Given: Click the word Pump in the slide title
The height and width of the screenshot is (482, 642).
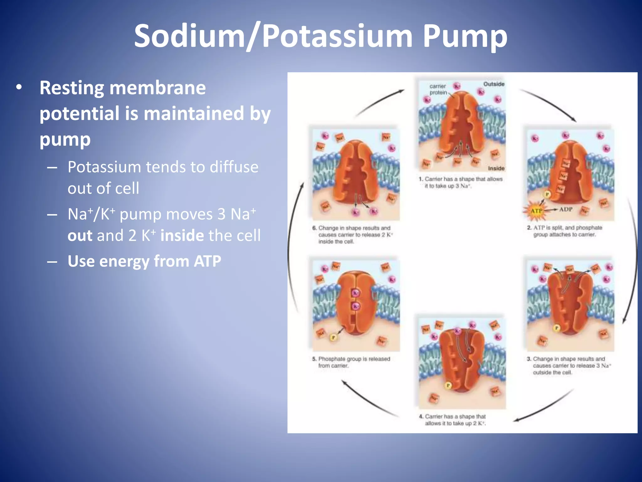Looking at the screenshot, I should pos(465,37).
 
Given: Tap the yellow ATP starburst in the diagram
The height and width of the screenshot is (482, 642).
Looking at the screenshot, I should pos(536,211).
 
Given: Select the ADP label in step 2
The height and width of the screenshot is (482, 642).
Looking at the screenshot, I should pos(566,209).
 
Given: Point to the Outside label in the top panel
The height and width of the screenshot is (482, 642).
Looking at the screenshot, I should pos(494,84).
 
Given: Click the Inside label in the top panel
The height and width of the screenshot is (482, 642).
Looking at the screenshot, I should pos(496,169).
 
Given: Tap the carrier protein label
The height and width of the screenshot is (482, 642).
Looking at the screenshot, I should pos(438,89).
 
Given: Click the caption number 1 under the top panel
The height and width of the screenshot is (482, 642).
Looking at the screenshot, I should pos(421,179).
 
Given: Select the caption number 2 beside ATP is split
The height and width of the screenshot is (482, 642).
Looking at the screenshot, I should pos(529,228).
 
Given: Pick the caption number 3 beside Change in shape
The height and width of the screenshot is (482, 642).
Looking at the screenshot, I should pos(529,359).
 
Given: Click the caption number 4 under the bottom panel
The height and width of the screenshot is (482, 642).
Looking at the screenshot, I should pos(421,417).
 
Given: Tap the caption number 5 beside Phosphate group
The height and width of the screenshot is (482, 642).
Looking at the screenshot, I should pos(314,359).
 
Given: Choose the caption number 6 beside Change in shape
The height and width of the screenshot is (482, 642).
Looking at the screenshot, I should pos(314,228).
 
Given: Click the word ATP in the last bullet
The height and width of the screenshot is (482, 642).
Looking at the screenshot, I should pos(207,261).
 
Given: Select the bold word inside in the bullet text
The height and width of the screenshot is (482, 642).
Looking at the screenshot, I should pos(182,235).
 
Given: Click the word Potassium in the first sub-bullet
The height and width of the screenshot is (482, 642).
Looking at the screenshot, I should pos(105,167).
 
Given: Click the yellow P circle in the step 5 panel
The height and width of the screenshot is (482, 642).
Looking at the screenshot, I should pos(334,338).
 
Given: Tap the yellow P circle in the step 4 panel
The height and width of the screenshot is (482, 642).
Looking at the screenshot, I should pos(448,385).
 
